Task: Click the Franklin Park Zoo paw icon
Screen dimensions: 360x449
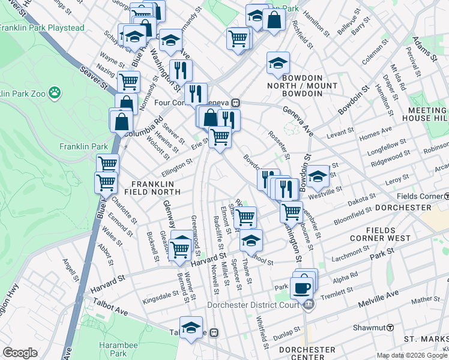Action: [x=55, y=92]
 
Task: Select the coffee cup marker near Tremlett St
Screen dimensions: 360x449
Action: [x=301, y=287]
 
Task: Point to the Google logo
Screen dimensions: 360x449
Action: [x=20, y=353]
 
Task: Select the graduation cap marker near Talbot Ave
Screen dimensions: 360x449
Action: [x=191, y=327]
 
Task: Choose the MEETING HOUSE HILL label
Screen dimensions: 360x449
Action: [x=427, y=115]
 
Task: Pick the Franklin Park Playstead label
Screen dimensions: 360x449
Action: [x=33, y=28]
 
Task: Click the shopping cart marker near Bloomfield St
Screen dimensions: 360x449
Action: [x=292, y=211]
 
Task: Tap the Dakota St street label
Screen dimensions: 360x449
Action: [x=363, y=198]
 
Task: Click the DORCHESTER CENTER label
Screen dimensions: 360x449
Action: [x=307, y=353]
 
